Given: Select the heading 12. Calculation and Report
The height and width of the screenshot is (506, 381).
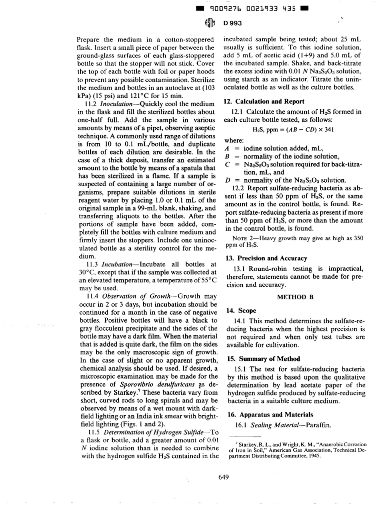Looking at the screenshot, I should pyautogui.click(x=264, y=102).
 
